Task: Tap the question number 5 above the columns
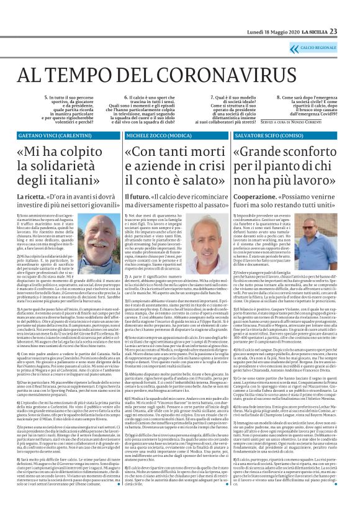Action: click(46, 97)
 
